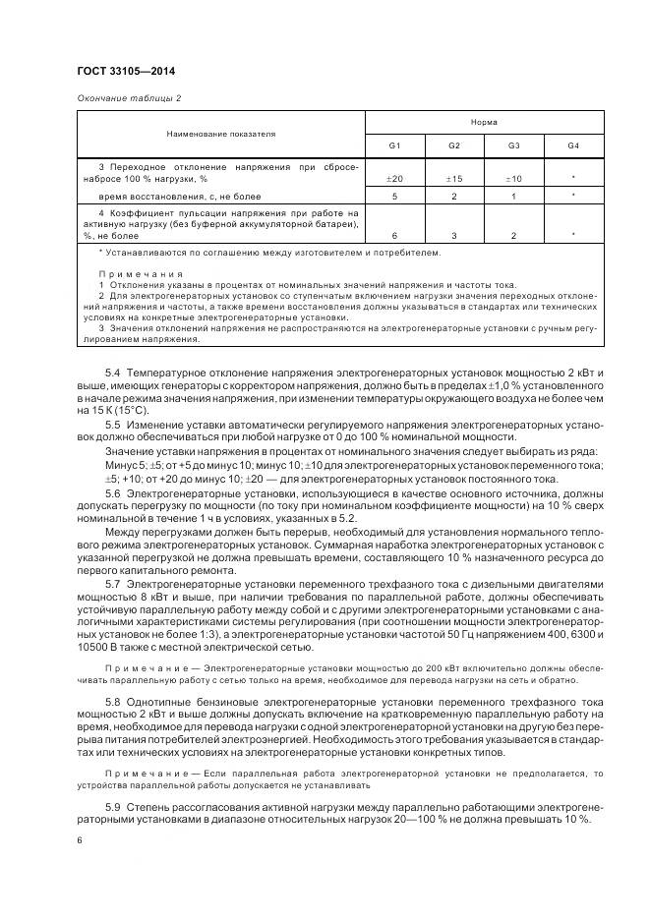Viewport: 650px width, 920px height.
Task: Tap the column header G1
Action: (394, 145)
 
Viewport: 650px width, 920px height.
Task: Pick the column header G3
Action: (513, 145)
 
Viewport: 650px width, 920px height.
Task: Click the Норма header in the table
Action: (484, 122)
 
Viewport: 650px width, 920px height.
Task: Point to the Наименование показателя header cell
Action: (220, 133)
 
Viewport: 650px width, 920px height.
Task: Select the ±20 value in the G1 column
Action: (394, 179)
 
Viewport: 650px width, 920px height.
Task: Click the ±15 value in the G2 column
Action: (453, 179)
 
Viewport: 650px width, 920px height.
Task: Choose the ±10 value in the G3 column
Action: (513, 179)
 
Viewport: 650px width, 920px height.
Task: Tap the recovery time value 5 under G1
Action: (394, 197)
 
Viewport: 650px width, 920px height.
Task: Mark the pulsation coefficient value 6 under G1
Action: (394, 236)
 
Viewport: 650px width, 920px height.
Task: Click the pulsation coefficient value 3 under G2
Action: (453, 236)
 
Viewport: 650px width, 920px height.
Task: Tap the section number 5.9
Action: (112, 806)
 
